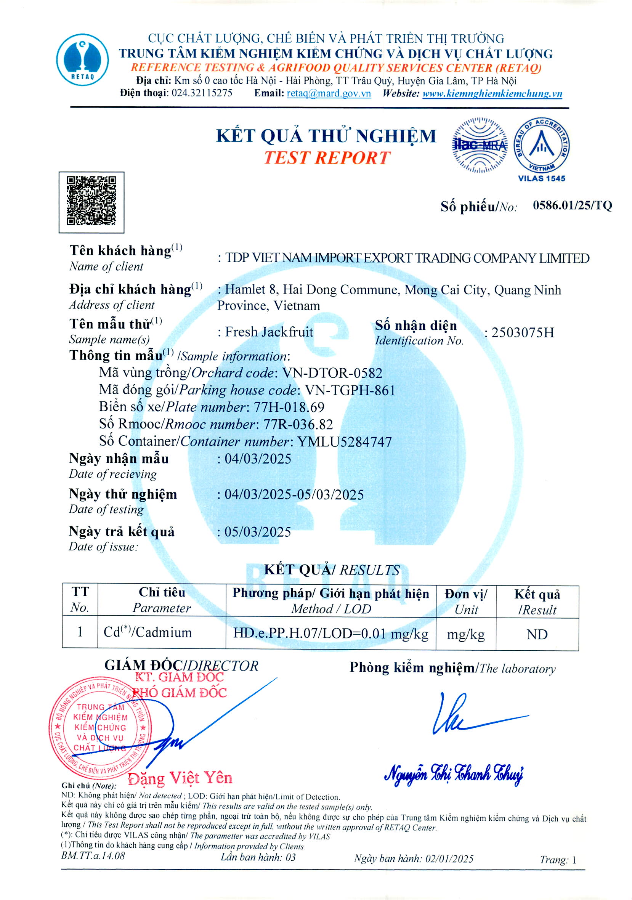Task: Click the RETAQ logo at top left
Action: point(82,59)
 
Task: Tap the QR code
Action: point(91,202)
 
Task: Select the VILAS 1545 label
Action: point(541,179)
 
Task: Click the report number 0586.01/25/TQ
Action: point(572,205)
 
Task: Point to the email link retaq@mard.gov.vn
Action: point(329,93)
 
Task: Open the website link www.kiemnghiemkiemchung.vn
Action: point(492,94)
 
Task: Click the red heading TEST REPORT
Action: point(327,157)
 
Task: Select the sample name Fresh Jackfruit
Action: point(269,332)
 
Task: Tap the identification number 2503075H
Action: point(523,332)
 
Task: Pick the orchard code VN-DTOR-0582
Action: point(332,373)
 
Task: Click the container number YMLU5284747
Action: point(345,442)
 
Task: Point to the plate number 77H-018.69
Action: point(289,407)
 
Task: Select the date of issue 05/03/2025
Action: point(258,532)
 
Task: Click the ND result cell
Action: point(537,634)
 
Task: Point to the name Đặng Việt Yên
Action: point(180,778)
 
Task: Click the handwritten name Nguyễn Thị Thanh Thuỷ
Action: point(454,774)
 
